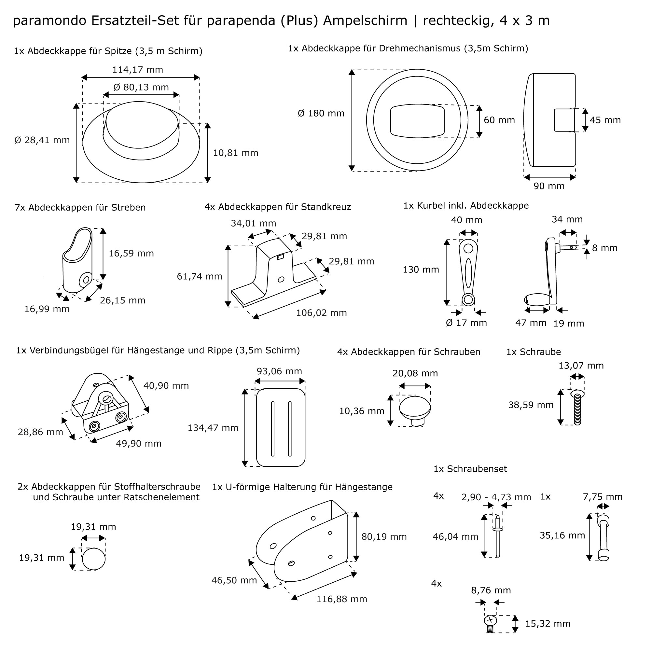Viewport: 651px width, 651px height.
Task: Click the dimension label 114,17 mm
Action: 137,70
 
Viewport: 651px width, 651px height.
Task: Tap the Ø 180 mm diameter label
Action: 321,113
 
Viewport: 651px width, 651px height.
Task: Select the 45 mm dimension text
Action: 605,120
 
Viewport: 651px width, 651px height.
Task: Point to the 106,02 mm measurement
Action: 321,313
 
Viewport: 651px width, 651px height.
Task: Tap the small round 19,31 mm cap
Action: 93,559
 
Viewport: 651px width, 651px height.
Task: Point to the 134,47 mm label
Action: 213,428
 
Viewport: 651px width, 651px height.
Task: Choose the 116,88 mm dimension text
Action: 341,599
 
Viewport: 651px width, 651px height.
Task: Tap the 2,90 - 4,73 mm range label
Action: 496,497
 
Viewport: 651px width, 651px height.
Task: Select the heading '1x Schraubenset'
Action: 470,469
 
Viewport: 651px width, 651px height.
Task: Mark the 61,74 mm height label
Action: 200,276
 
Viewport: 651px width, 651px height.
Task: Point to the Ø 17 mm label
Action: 466,323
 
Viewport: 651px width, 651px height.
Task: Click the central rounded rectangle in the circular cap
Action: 417,120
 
